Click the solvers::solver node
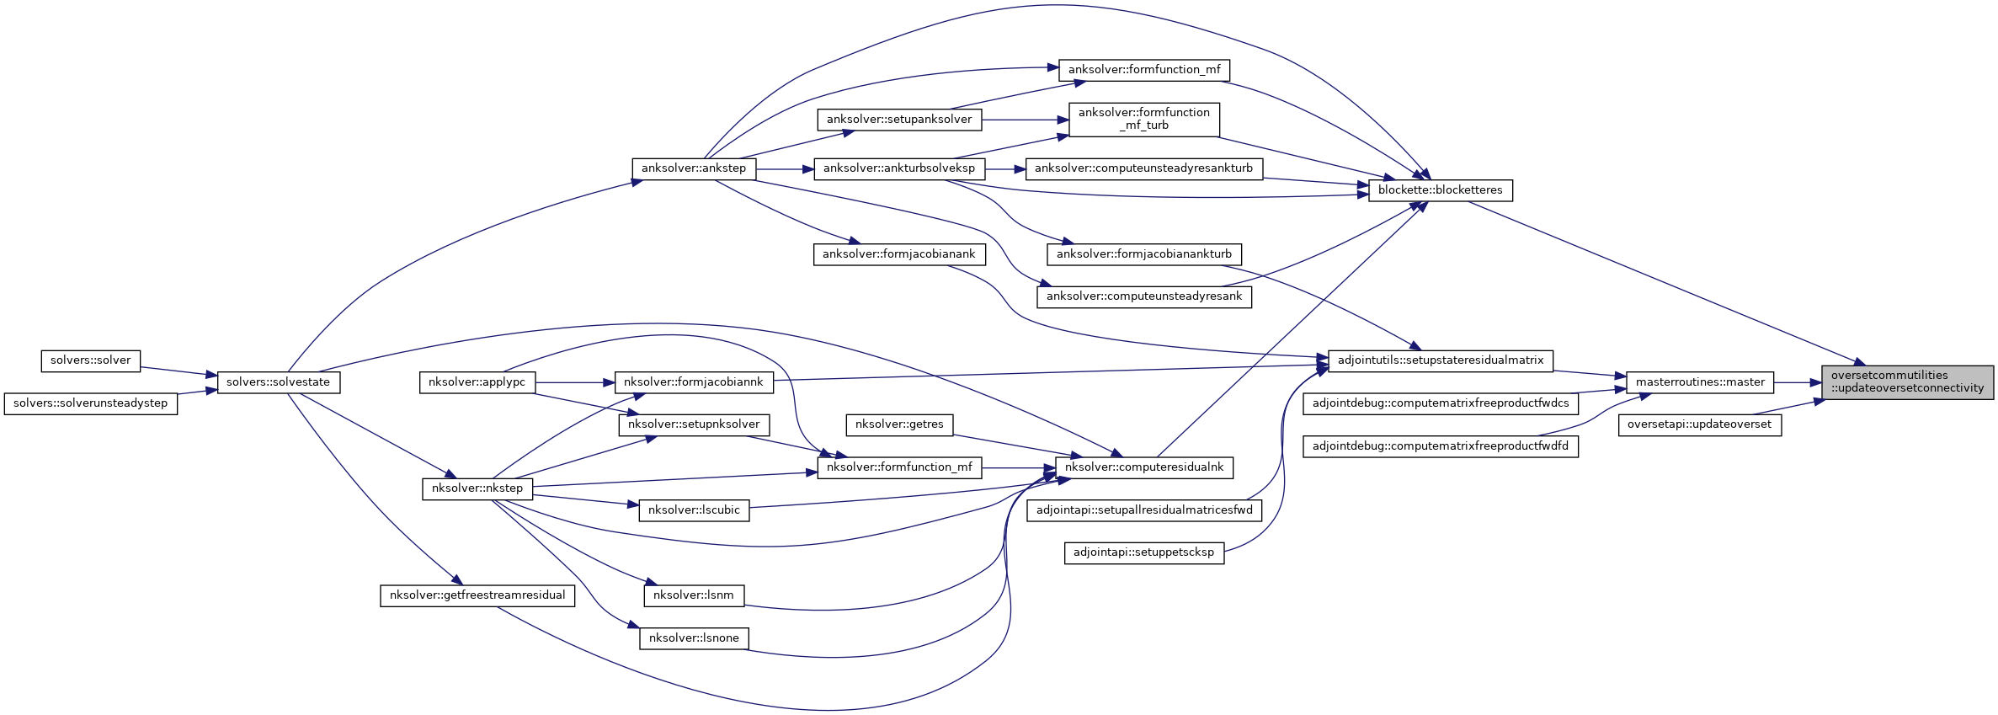pyautogui.click(x=90, y=360)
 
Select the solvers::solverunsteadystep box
pyautogui.click(x=90, y=403)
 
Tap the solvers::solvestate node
pyautogui.click(x=278, y=382)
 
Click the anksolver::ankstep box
pyautogui.click(x=693, y=168)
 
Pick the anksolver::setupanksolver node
pyautogui.click(x=898, y=120)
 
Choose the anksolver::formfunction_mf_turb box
pyautogui.click(x=1143, y=119)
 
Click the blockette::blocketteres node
pyautogui.click(x=1440, y=190)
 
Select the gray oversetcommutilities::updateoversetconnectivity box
pyautogui.click(x=1907, y=382)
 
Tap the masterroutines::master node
pyautogui.click(x=1700, y=382)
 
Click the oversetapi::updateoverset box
pyautogui.click(x=1699, y=424)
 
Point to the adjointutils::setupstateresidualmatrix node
pyautogui.click(x=1440, y=360)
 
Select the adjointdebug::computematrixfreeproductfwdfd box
pyautogui.click(x=1440, y=446)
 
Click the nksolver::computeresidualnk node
pyautogui.click(x=1143, y=467)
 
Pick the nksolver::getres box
pyautogui.click(x=898, y=424)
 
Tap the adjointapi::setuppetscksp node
pyautogui.click(x=1143, y=553)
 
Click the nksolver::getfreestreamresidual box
pyautogui.click(x=477, y=595)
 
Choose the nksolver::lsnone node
pyautogui.click(x=693, y=638)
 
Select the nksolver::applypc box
pyautogui.click(x=477, y=382)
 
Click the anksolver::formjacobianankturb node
pyautogui.click(x=1143, y=254)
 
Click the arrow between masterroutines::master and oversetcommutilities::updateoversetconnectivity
pyautogui.click(x=1797, y=382)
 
